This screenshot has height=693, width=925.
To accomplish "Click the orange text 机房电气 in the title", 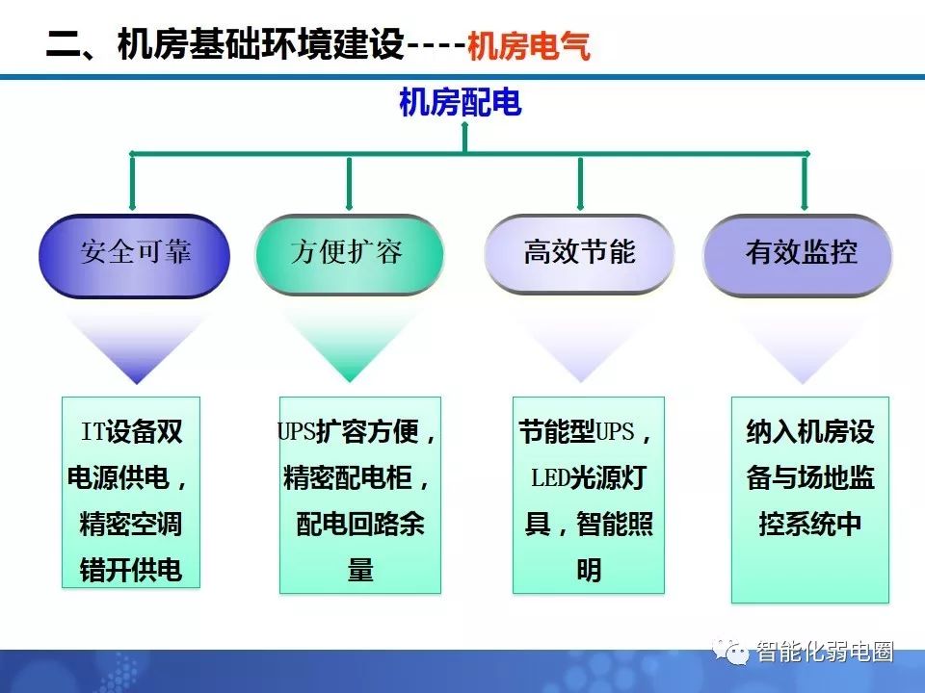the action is (x=529, y=45).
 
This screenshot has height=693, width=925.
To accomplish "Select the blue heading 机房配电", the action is (x=461, y=102).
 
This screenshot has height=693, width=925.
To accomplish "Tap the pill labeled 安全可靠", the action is (x=135, y=255).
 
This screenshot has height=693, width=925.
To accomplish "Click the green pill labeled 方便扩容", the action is (x=349, y=254).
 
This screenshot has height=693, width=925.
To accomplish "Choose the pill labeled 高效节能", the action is (x=579, y=253).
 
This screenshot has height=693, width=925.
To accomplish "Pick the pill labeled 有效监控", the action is (x=798, y=254).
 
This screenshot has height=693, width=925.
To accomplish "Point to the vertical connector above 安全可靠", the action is (x=132, y=182).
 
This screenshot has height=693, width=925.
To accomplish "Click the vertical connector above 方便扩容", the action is (x=349, y=183).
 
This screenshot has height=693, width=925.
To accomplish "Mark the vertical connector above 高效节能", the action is (x=580, y=183).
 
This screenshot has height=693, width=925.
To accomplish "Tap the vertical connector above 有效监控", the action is (x=804, y=182).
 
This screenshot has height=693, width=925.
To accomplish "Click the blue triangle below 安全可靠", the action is (x=137, y=348).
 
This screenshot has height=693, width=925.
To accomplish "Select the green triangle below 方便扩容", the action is (x=350, y=347).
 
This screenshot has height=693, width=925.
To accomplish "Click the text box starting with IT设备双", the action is (x=131, y=493).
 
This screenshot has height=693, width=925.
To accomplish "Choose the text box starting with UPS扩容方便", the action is (x=359, y=495).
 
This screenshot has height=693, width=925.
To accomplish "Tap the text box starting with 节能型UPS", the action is (x=589, y=495).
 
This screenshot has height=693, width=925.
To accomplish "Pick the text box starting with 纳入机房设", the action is (x=810, y=500).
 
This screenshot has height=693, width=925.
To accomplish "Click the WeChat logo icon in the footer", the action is (x=730, y=652).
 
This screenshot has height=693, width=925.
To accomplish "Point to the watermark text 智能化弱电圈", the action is (x=825, y=652).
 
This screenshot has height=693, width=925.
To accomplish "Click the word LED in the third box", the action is (x=550, y=478).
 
